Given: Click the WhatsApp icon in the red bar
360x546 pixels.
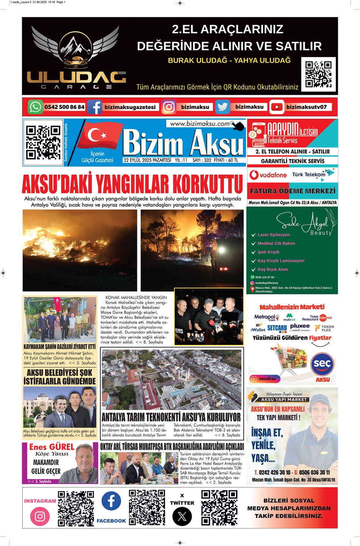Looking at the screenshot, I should tap(35, 107).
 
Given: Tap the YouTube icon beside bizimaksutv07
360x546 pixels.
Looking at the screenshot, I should tap(277, 107).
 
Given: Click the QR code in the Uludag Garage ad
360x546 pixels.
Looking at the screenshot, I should tap(318, 74).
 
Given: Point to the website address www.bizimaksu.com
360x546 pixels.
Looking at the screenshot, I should tap(200, 124).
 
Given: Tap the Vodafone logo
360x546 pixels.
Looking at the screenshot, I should tap(268, 175).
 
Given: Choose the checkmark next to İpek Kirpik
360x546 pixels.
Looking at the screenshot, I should tap(254, 252).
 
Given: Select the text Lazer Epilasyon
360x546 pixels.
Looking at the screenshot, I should tap(274, 235).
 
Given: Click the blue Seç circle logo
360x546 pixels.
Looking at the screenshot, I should tap(322, 364).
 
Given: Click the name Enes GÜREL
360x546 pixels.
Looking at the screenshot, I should tap(52, 447).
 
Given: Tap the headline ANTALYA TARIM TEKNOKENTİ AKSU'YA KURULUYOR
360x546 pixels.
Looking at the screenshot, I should tap(171, 417).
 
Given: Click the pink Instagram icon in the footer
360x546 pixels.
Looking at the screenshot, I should tap(40, 516).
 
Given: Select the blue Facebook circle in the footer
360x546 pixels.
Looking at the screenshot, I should tap(111, 501).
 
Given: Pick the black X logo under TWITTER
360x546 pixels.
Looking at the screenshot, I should tap(182, 516).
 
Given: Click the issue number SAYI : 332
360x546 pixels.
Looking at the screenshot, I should tap(202, 160).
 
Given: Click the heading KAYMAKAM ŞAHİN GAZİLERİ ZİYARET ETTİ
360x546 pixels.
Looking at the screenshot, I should tap(59, 347).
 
